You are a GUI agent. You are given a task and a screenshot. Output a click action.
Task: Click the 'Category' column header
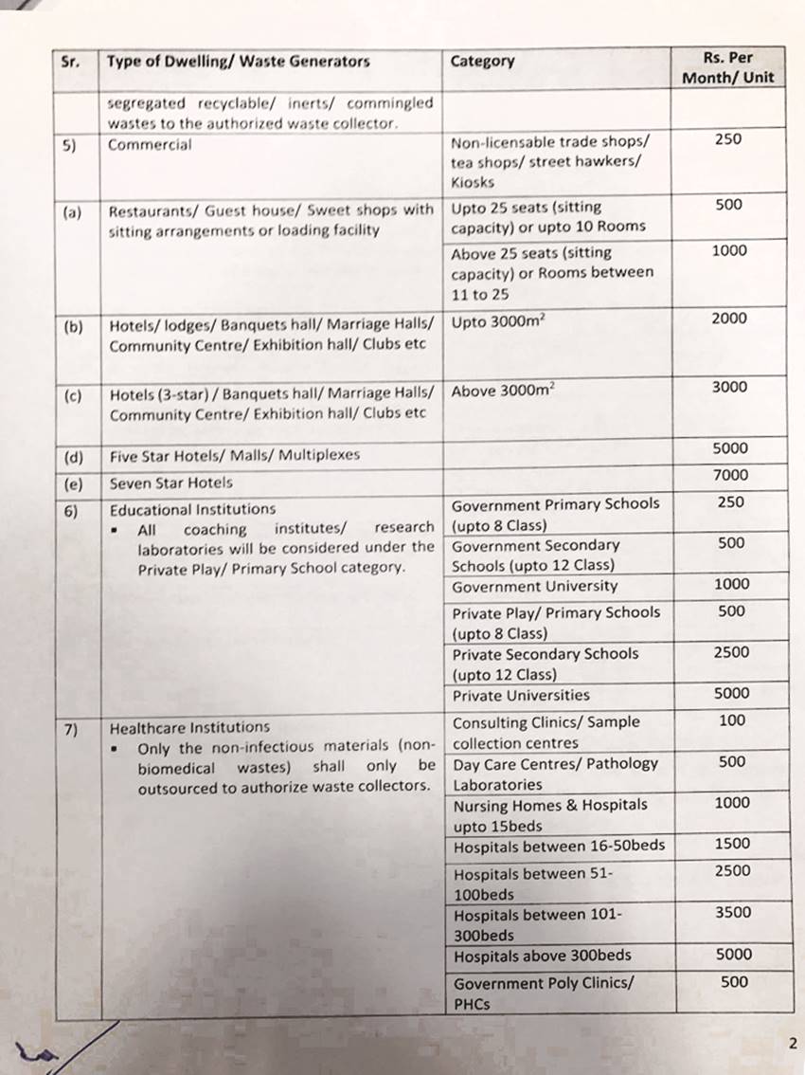[482, 62]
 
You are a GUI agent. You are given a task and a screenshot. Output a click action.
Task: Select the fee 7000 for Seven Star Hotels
[729, 475]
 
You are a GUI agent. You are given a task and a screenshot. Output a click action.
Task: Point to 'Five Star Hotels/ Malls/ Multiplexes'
[235, 455]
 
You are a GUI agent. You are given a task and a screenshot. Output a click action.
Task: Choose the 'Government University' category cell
[534, 586]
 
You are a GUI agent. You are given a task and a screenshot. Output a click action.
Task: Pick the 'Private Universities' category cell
[520, 695]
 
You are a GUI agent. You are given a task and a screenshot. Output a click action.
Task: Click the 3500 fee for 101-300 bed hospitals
[730, 912]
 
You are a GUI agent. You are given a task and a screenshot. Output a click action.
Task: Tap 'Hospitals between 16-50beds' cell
[559, 846]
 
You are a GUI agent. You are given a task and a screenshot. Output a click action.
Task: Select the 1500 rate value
[730, 843]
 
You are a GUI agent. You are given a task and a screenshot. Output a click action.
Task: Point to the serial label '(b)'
[73, 327]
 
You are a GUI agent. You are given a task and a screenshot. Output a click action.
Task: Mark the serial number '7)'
[73, 729]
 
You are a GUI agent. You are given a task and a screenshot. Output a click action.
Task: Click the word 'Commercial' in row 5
[150, 145]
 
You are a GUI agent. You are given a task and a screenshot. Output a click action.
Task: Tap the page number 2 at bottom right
[792, 1044]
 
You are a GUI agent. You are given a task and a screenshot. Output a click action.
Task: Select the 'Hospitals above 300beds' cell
[542, 956]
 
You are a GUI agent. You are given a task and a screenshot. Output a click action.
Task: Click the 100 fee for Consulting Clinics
[731, 720]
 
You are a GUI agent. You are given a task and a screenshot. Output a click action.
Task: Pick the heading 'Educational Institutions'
[192, 509]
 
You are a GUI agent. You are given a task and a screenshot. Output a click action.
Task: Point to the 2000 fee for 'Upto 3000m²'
[729, 319]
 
